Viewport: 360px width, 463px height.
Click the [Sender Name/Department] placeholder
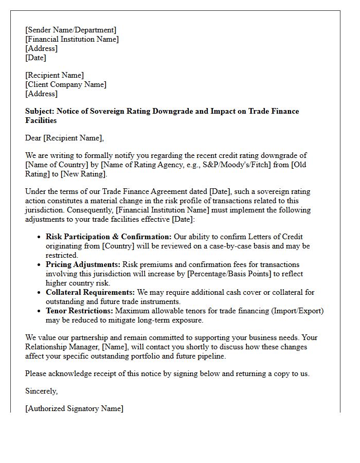(x=71, y=30)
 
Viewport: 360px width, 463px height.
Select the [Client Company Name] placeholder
(x=66, y=84)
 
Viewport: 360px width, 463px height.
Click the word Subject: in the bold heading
(x=40, y=111)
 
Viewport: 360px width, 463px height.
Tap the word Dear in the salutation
(x=33, y=138)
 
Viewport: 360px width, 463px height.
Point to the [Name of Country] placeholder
(x=54, y=165)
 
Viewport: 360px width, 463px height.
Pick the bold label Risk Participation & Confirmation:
(x=109, y=237)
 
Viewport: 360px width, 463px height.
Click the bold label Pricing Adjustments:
(x=83, y=264)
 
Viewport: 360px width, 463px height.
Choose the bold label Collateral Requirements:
(x=91, y=292)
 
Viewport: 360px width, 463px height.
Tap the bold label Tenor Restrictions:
(x=79, y=311)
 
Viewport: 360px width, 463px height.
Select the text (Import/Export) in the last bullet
(x=297, y=311)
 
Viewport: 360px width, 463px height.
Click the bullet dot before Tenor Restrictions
(x=39, y=311)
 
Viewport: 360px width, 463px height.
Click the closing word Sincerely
(x=41, y=391)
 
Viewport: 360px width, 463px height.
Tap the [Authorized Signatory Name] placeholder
(x=74, y=408)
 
